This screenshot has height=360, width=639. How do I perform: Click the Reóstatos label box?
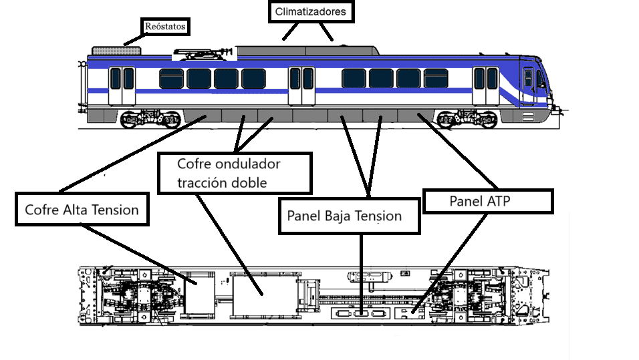tap(165, 27)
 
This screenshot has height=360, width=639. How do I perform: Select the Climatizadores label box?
tap(311, 11)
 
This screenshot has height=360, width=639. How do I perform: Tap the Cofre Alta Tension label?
tap(82, 209)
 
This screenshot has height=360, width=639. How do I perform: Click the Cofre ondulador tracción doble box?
tap(235, 173)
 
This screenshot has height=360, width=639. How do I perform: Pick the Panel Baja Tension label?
tap(350, 216)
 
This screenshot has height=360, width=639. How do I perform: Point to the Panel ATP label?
tap(488, 201)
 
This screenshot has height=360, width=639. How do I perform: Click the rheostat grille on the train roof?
tap(116, 51)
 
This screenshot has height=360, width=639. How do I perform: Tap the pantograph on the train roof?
tap(204, 53)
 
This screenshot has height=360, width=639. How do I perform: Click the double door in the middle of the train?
tap(301, 86)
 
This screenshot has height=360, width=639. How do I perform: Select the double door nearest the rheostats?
tap(122, 86)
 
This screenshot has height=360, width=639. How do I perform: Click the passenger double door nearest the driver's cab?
tap(486, 86)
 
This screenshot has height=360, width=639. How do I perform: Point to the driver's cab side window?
tap(528, 78)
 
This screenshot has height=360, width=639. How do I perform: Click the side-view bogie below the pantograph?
tap(151, 118)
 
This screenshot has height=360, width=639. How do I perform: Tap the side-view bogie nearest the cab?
tap(467, 118)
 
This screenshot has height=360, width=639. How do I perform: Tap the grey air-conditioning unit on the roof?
tap(307, 51)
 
